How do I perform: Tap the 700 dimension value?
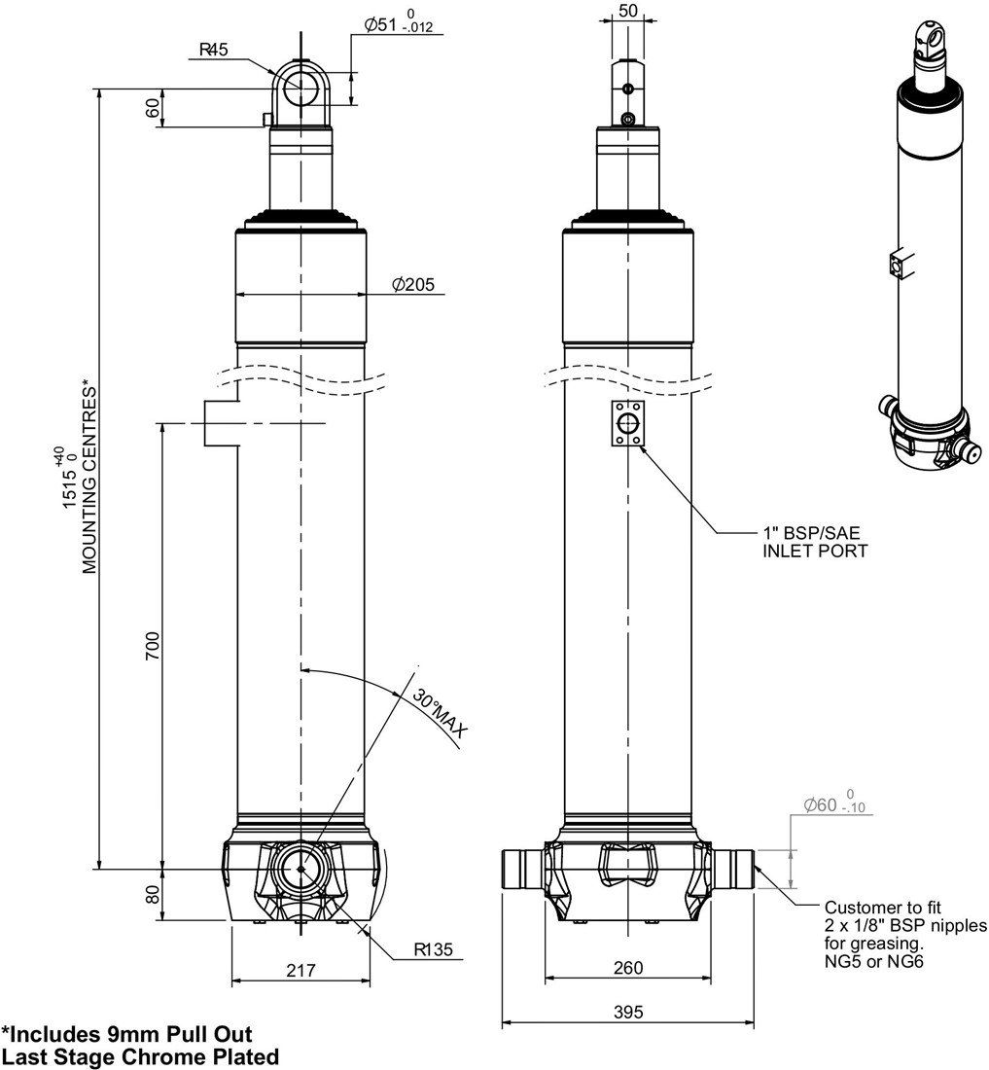pos(152,646)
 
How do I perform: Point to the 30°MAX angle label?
pos(438,713)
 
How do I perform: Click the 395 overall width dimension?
pos(628,1012)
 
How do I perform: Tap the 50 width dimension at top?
pos(627,12)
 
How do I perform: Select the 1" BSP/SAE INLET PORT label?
pos(814,542)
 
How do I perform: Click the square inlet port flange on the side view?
pos(627,424)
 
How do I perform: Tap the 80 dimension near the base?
pos(152,894)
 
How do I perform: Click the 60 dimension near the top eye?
pos(152,107)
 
